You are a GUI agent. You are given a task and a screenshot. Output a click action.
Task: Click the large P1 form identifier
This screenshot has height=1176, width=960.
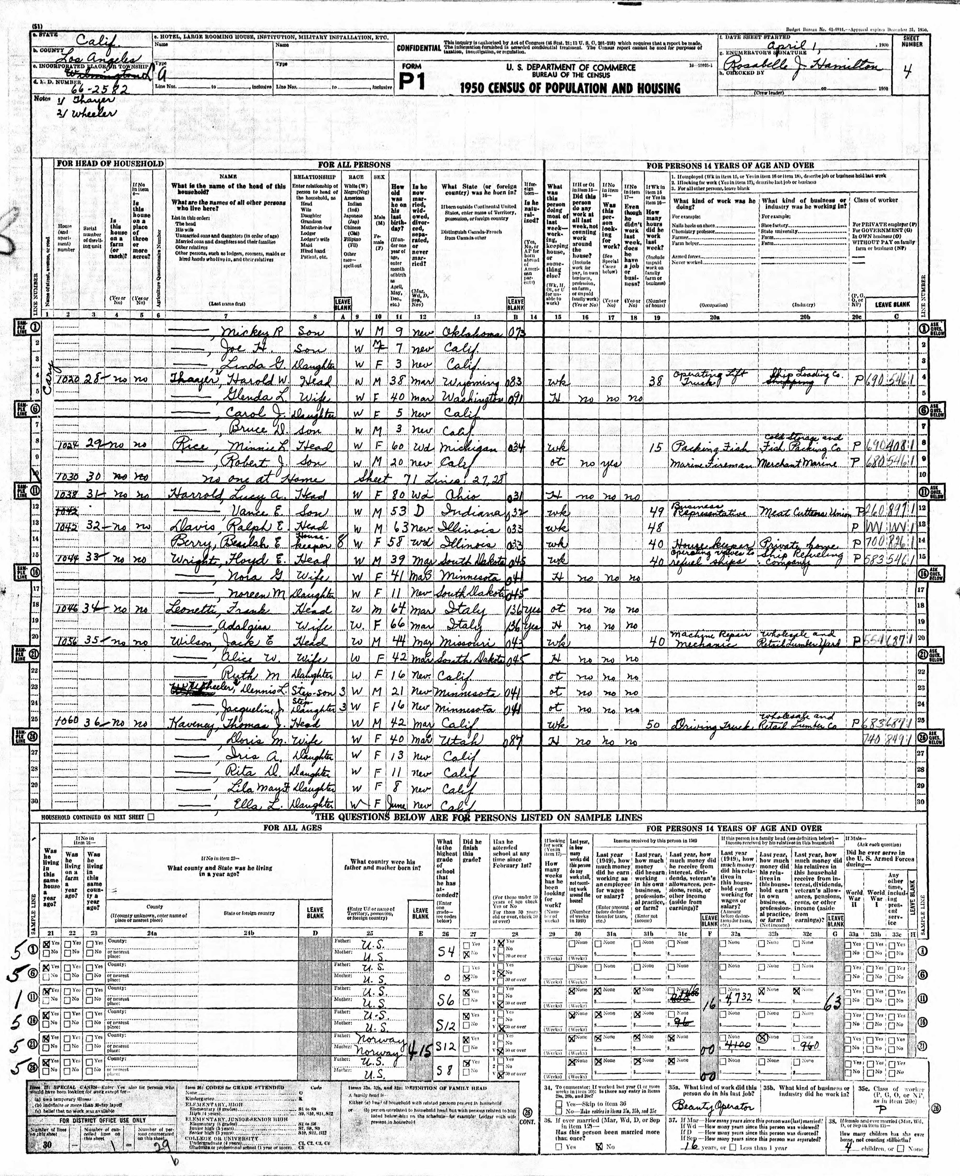point(413,82)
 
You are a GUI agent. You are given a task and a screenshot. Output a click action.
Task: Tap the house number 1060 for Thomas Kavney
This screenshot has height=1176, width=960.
point(66,723)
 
